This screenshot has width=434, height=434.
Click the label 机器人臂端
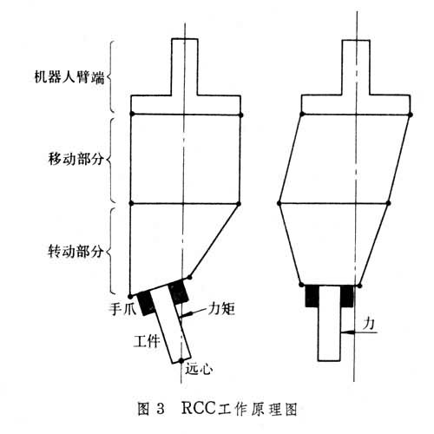[69, 77]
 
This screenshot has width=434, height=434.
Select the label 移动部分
[76, 159]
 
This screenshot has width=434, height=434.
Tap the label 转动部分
[76, 251]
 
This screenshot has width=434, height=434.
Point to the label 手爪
[122, 309]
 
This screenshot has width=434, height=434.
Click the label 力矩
[221, 309]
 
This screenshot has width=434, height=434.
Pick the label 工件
[147, 340]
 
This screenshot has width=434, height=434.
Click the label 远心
[199, 369]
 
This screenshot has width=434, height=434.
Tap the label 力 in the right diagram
[369, 323]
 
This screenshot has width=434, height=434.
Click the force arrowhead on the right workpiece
[346, 332]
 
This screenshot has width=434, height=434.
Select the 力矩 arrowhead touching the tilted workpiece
[184, 314]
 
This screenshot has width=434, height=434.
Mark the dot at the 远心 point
[181, 360]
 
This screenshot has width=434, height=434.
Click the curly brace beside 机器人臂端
[110, 76]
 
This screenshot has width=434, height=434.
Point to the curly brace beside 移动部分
[110, 160]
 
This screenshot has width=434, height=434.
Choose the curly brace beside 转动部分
[110, 251]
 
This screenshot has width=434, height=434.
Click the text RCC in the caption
[199, 408]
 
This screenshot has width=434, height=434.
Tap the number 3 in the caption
[160, 409]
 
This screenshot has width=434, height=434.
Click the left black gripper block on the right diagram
[312, 296]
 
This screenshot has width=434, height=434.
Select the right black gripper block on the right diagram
[346, 296]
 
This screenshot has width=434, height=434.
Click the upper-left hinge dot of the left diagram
[132, 114]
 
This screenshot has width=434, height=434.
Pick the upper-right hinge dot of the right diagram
[411, 115]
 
